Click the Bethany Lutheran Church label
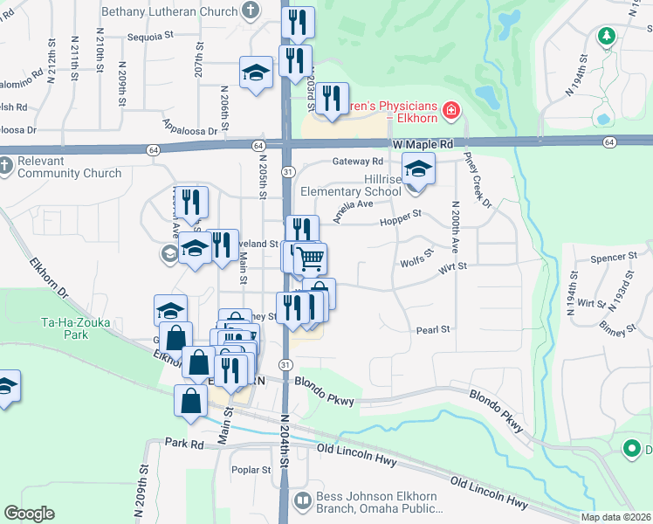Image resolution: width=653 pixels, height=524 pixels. coord(169,11)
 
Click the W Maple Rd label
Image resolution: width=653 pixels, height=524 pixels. coord(423,143)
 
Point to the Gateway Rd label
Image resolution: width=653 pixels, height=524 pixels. coord(358,162)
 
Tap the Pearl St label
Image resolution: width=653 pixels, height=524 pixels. coord(432,329)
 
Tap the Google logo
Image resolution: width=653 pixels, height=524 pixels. coord(29,513)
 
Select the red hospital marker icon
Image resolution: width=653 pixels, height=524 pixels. coord(451,110)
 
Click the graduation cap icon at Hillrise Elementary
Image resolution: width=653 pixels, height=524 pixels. coord(418,169)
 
